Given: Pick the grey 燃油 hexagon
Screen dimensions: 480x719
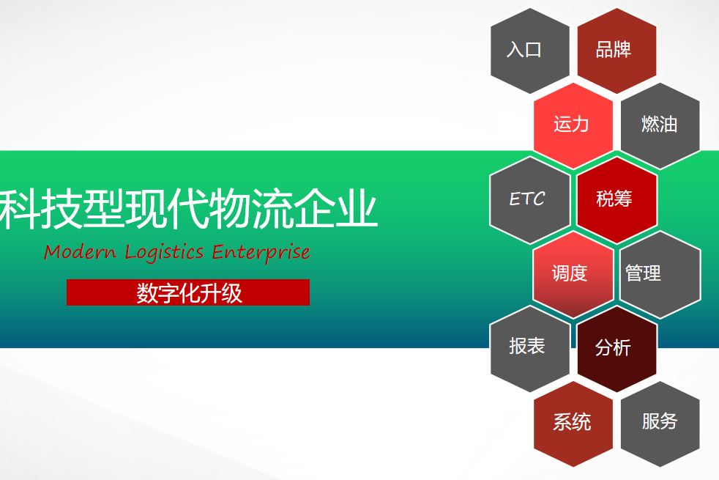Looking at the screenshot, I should (660, 125).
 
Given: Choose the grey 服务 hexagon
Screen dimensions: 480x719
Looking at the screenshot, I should (660, 423).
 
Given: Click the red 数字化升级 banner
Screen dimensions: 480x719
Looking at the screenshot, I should (188, 292).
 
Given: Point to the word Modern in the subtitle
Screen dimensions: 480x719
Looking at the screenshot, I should (80, 252).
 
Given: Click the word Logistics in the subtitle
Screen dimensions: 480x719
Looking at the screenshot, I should (164, 252).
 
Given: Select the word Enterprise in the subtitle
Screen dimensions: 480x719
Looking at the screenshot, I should (261, 252).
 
